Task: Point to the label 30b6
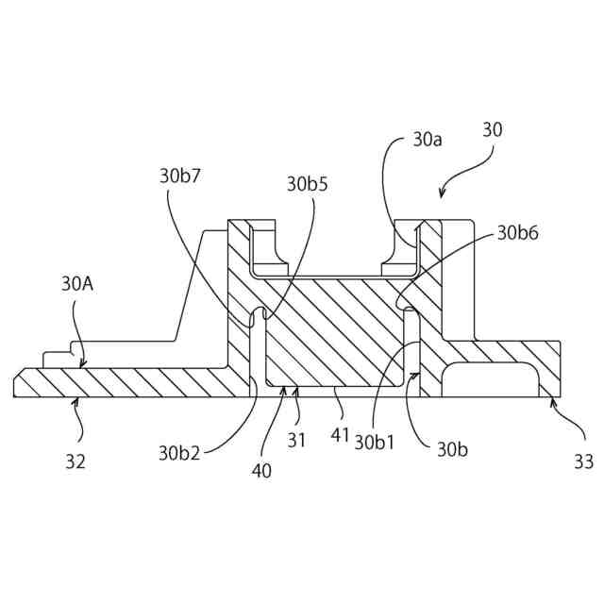tap(518, 233)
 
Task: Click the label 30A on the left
tap(77, 282)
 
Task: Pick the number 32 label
tap(75, 461)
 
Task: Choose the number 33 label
tap(584, 461)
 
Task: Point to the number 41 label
tap(341, 437)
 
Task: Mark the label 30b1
tap(375, 443)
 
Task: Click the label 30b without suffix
tap(451, 449)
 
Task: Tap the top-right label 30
tap(493, 130)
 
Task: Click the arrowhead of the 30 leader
tap(441, 197)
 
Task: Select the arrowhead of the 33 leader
tap(552, 400)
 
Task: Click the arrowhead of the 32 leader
tap(76, 400)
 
